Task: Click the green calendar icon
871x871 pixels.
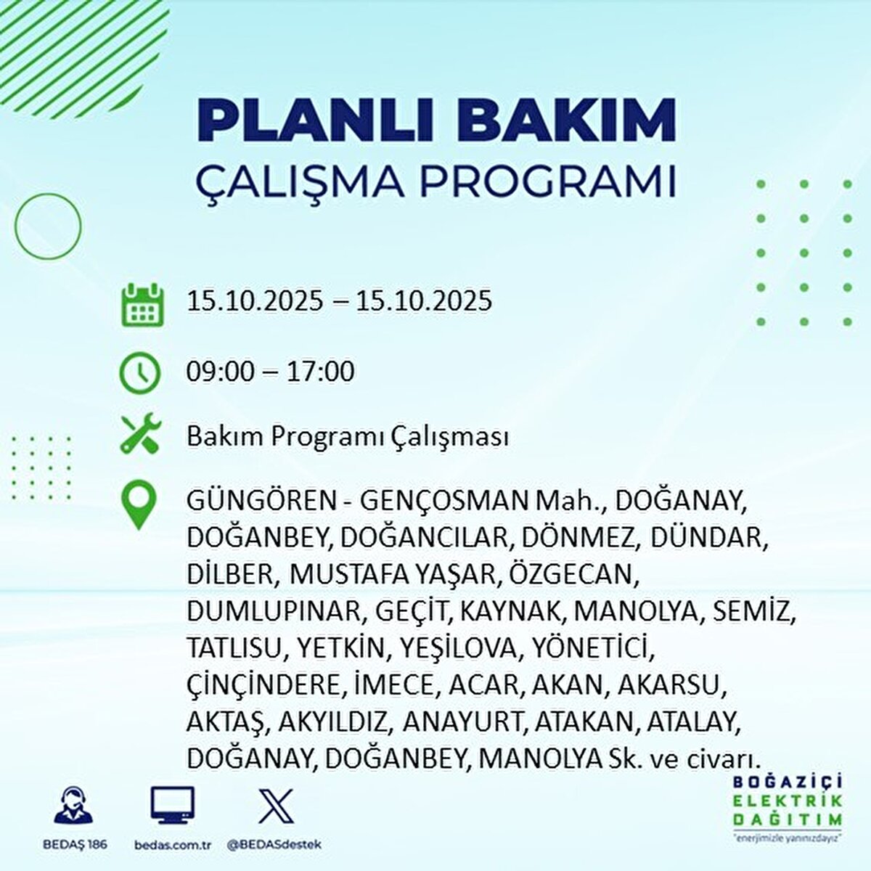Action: point(142,304)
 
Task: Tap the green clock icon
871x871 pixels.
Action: point(139,373)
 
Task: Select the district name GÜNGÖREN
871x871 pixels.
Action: point(261,502)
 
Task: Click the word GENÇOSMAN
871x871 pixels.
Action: point(445,502)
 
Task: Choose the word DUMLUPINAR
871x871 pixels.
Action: point(273,612)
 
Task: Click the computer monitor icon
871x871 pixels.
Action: point(172,804)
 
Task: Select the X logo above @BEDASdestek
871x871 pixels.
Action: point(276,806)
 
